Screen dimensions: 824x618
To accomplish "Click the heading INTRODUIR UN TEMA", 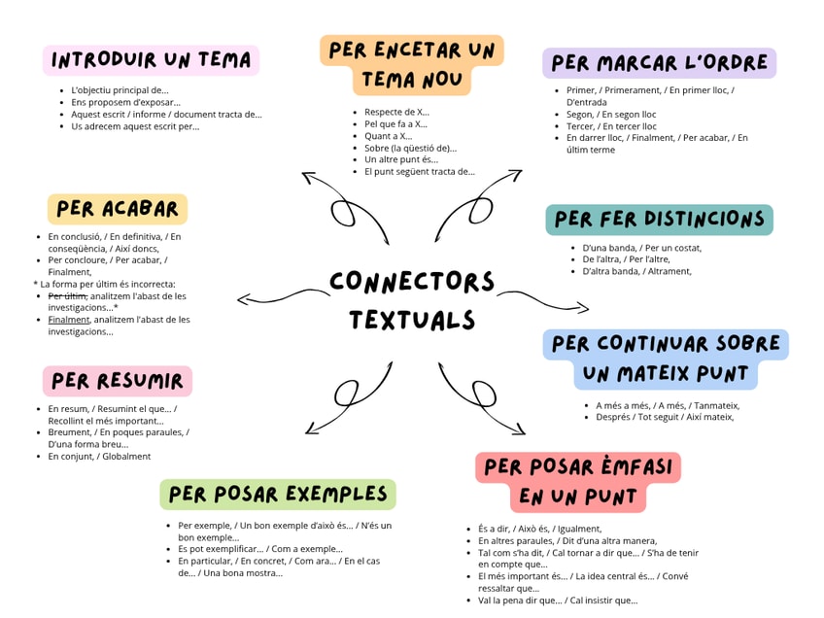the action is click(x=151, y=60).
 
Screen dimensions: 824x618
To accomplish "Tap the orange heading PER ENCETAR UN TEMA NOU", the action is click(x=412, y=65).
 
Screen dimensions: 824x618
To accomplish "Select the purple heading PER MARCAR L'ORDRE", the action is click(x=659, y=63).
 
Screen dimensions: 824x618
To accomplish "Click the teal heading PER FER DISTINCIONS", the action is click(x=659, y=220).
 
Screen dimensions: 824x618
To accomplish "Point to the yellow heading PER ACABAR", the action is click(x=118, y=209).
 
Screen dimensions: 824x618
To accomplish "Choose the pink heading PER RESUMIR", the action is click(x=118, y=380).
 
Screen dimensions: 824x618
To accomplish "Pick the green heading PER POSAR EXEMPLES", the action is click(x=278, y=494).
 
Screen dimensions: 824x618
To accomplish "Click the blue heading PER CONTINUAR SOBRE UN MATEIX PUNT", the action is click(x=666, y=359).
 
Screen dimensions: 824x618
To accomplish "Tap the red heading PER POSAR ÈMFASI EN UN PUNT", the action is click(x=578, y=482).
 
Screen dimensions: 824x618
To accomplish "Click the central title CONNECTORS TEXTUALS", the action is click(x=412, y=300).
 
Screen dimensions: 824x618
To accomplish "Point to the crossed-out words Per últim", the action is click(x=67, y=295).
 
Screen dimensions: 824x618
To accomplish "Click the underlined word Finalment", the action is click(x=68, y=319).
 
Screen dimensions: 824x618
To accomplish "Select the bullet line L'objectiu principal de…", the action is click(x=120, y=89).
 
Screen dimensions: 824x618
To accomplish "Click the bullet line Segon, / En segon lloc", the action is click(x=611, y=114).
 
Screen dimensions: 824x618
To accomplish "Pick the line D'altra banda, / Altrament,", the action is click(x=636, y=271).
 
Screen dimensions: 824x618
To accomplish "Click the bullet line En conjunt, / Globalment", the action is click(x=99, y=456).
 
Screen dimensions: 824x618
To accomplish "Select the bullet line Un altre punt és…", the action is click(x=401, y=159).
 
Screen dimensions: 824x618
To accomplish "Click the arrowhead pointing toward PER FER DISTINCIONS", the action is click(x=583, y=309).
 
